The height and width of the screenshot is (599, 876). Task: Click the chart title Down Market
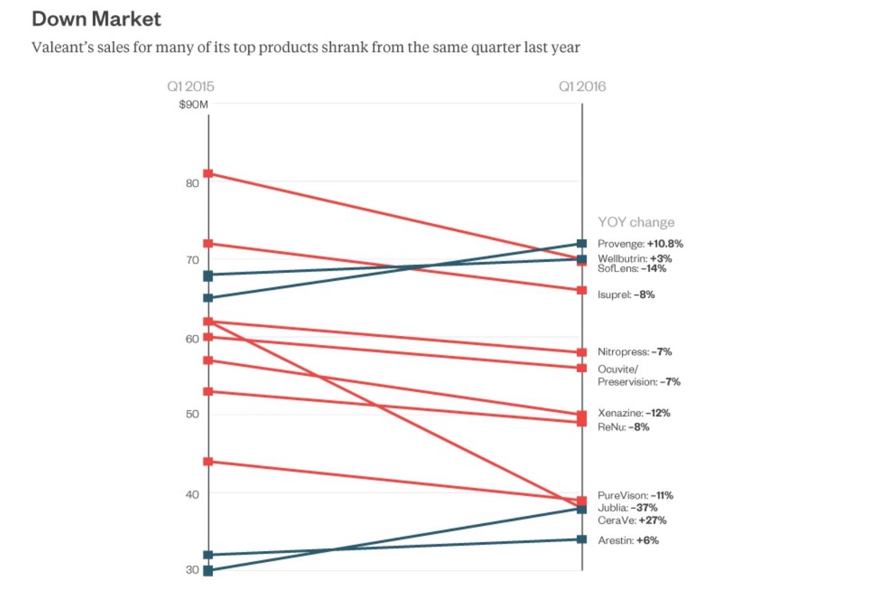[x=96, y=19]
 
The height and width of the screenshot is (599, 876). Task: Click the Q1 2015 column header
[x=190, y=86]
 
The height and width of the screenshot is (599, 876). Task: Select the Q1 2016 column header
[x=582, y=86]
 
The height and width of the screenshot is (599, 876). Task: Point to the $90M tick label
[x=193, y=104]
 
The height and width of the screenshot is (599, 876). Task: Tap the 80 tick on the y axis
[x=192, y=183]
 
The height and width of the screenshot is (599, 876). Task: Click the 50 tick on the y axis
[x=192, y=414]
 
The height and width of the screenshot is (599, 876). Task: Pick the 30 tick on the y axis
[x=192, y=570]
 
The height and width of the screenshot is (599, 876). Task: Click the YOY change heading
[x=636, y=222]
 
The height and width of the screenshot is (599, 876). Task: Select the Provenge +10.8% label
[x=640, y=244]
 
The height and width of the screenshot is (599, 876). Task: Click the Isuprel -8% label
[x=626, y=295]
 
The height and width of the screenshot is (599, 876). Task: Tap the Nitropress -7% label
[x=634, y=352]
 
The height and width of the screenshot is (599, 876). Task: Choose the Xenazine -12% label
[x=634, y=413]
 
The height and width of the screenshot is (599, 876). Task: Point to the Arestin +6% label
[x=628, y=541]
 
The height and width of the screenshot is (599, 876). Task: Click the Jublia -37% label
[x=627, y=508]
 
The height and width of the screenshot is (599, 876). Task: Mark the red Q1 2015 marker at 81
[x=208, y=174]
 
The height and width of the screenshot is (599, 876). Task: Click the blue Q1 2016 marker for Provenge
[x=582, y=244]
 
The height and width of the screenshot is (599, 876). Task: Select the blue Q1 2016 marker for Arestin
[x=582, y=540]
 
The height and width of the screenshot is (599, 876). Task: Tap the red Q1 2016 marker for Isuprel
[x=582, y=290]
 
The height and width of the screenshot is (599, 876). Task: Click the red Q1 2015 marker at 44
[x=208, y=462]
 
